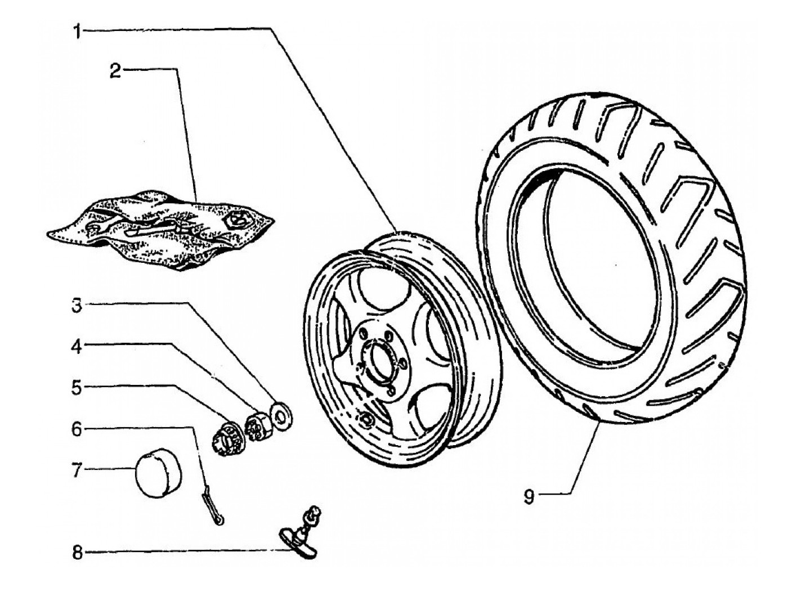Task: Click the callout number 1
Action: pyautogui.click(x=78, y=32)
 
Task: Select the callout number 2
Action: pyautogui.click(x=115, y=72)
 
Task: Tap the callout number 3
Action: pyautogui.click(x=77, y=306)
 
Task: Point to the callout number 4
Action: pyautogui.click(x=77, y=347)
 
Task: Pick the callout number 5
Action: pyautogui.click(x=77, y=388)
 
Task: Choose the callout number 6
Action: pyautogui.click(x=77, y=429)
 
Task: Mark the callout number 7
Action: pyautogui.click(x=77, y=470)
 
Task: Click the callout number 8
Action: pyautogui.click(x=77, y=553)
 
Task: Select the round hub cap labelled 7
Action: pyautogui.click(x=158, y=472)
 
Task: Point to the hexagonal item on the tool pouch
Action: pyautogui.click(x=238, y=221)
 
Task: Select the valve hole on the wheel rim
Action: pyautogui.click(x=366, y=418)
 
